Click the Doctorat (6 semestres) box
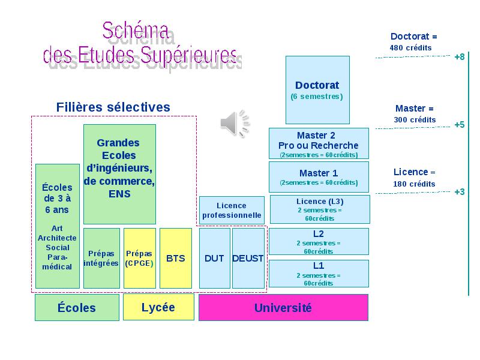pos(317,90)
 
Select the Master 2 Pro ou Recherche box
pos(319,143)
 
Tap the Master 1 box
pos(319,177)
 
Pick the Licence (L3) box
pos(320,209)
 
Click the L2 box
pos(319,242)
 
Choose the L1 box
pos(319,274)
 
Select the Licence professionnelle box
pos(232,210)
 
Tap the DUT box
pos(215,258)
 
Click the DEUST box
pos(248,258)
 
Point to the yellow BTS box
pos(176,258)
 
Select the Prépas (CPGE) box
pos(140,258)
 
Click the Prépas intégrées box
pos(101,258)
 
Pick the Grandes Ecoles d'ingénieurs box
pos(119,174)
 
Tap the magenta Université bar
pos(283,308)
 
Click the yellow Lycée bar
pos(158,307)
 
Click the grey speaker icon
pos(235,124)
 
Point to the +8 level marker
pos(460,57)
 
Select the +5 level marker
pos(460,125)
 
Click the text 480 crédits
pos(410,48)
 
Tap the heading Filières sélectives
pos(113,107)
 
